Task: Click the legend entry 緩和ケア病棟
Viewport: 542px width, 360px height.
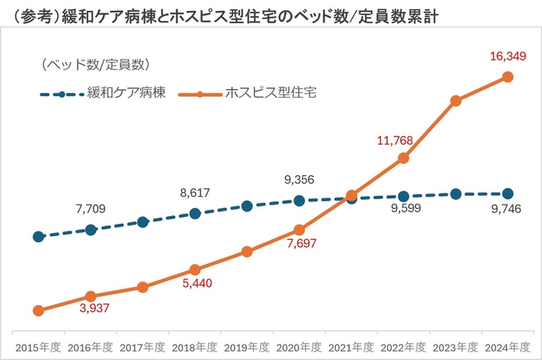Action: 127,94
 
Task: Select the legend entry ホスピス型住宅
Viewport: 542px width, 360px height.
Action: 270,94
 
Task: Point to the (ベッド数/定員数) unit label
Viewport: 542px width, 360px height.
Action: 94,63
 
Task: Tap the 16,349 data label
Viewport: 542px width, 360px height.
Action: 509,57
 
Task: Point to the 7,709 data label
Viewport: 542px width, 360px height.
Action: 91,208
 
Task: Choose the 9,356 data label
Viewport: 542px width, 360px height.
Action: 299,180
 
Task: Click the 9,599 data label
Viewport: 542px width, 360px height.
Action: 403,208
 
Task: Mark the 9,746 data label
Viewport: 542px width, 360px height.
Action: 507,208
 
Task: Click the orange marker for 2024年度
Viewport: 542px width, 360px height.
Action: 508,77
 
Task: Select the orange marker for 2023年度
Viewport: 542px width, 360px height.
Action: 456,101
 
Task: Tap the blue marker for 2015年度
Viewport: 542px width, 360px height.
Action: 38,236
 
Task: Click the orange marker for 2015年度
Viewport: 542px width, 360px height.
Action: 38,310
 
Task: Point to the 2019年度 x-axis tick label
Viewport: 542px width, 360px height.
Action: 247,346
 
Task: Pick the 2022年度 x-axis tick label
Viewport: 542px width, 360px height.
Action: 403,346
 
